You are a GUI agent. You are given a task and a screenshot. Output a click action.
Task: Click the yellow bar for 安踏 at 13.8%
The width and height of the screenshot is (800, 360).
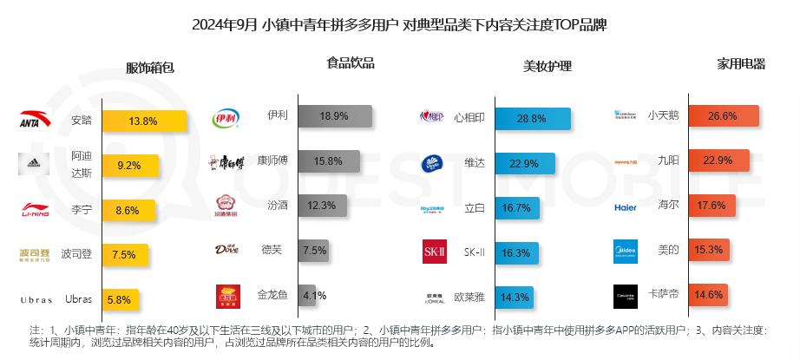(145, 121)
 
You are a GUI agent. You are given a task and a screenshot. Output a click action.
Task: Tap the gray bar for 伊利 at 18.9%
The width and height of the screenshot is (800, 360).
(335, 116)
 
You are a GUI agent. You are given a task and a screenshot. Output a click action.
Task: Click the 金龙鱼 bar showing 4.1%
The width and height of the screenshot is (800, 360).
(307, 295)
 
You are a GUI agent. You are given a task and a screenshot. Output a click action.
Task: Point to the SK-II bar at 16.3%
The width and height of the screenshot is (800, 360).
(515, 252)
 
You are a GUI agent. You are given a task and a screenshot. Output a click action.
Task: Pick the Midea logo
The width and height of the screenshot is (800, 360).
(625, 251)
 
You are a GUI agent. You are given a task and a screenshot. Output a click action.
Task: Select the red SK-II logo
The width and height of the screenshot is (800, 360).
(434, 252)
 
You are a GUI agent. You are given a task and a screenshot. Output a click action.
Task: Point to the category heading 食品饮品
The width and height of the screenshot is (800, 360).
(351, 62)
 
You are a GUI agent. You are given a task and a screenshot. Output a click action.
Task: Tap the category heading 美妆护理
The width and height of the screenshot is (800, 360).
(548, 66)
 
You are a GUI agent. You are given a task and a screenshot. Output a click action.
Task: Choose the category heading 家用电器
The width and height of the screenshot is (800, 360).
(741, 63)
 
